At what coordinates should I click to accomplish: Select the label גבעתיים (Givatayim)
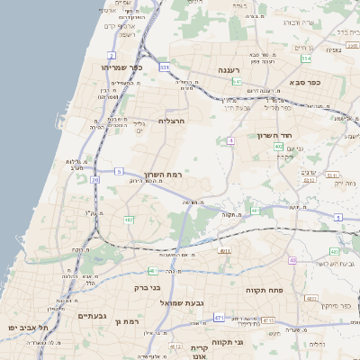tap(92, 316)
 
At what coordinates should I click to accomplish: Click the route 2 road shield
tap(112, 55)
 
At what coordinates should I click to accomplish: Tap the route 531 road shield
tap(165, 67)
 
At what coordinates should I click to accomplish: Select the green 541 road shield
tap(237, 81)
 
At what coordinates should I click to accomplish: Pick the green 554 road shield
tap(305, 58)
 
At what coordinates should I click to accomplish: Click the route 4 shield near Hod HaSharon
tap(230, 140)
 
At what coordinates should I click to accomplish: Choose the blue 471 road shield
tap(220, 317)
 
